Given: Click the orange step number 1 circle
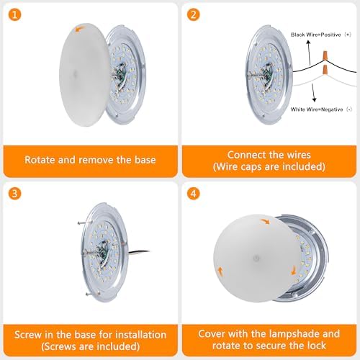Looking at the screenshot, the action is click(x=14, y=14).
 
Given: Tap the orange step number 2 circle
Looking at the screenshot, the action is click(x=194, y=14).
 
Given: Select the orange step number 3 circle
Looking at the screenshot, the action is click(x=14, y=194).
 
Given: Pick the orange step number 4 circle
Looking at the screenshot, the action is click(x=194, y=194).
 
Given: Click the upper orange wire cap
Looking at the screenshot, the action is click(x=325, y=55).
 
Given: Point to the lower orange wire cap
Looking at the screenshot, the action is click(x=325, y=70).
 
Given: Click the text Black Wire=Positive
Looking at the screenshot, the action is click(x=316, y=35).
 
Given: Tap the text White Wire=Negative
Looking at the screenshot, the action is click(x=317, y=109).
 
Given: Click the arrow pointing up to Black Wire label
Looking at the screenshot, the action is click(x=310, y=53).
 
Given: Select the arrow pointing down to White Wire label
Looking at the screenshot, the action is click(x=313, y=93).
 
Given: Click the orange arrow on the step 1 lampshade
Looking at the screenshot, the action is click(x=79, y=30).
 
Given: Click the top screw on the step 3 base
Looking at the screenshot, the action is click(x=81, y=223).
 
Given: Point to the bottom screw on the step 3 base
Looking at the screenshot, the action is click(x=89, y=293).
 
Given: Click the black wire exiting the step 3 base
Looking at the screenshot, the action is click(x=139, y=252).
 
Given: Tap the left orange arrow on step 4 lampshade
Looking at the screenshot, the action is click(x=220, y=272).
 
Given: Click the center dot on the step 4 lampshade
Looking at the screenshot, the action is click(x=256, y=258).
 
